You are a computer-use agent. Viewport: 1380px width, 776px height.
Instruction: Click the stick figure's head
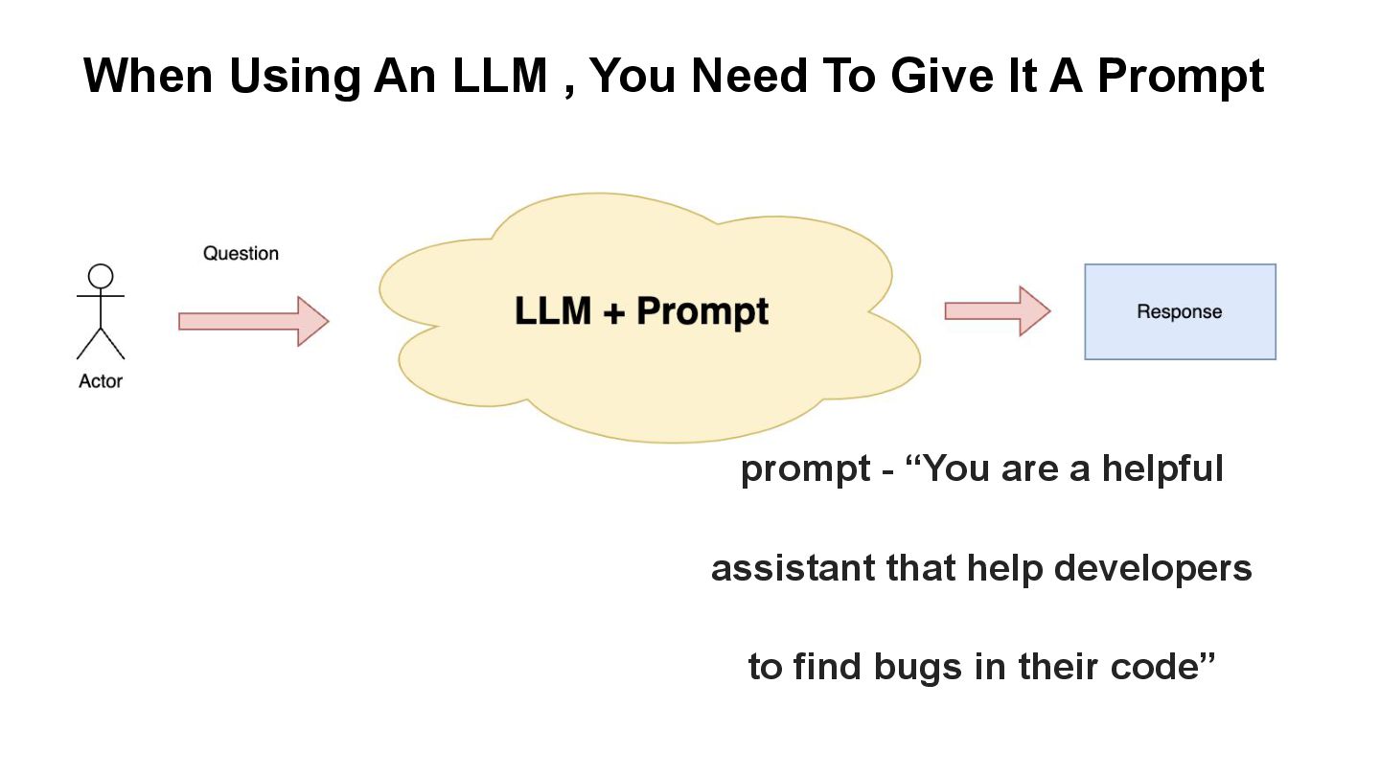pos(101,277)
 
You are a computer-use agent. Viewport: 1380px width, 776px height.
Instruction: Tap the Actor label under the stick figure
pos(101,381)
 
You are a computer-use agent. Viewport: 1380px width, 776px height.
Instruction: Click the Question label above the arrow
pos(241,254)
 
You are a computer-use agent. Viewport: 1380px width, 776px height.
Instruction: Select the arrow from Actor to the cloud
pos(253,321)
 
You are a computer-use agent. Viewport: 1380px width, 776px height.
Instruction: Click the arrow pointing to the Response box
pos(997,310)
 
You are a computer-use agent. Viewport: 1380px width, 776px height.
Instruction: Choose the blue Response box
pos(1180,312)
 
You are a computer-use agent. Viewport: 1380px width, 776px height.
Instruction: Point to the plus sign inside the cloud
pos(613,312)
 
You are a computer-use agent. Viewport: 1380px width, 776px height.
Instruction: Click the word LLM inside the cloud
pos(552,312)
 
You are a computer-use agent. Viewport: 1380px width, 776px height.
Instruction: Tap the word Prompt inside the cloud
pos(701,312)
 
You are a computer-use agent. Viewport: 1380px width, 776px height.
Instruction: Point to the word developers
pos(1153,569)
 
